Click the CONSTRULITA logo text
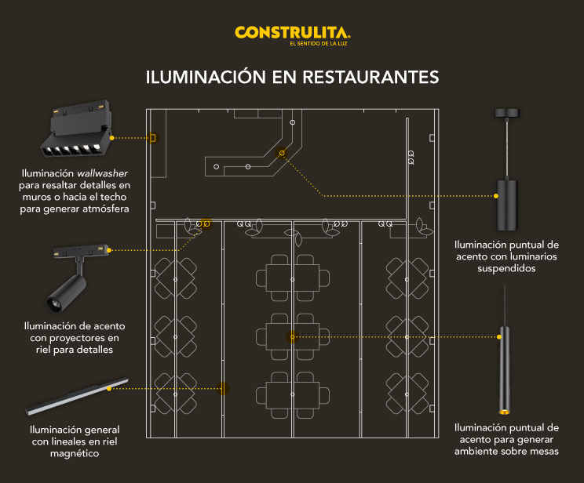pos(292,32)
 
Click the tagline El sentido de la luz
pos(319,44)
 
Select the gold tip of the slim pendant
pos(502,410)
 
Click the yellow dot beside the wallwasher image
pos(112,138)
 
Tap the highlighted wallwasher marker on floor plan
pos(153,138)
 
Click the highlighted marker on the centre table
pos(292,337)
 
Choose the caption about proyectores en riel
pos(75,337)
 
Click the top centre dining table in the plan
pos(292,278)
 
